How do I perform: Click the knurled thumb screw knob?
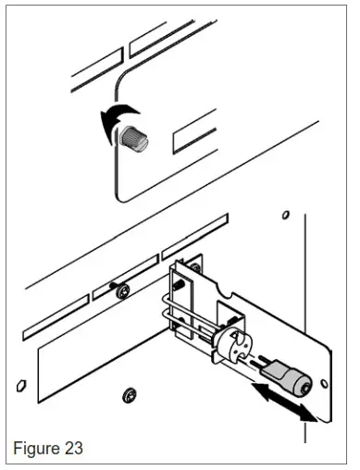click(x=132, y=139)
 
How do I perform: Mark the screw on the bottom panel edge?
click(x=128, y=397)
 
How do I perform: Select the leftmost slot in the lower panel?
click(x=56, y=318)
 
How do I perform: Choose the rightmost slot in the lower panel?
click(x=194, y=235)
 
